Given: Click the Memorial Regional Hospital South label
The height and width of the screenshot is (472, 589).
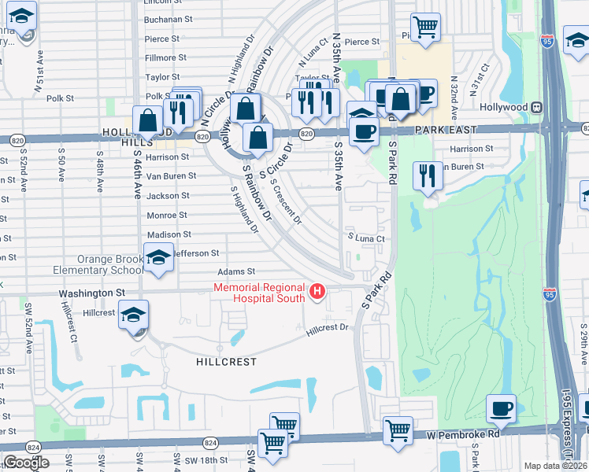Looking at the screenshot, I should (261, 293).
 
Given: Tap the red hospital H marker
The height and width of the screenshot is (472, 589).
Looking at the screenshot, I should (317, 293).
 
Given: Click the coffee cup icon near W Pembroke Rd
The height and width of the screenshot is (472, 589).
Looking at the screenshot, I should (501, 410).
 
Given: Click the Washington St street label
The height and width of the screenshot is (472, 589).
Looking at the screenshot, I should (92, 293).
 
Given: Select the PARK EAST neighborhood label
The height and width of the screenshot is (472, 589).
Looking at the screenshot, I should (449, 128).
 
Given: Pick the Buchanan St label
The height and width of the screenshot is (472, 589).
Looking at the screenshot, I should (169, 19).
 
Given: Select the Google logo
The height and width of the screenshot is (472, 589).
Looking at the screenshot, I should (27, 463).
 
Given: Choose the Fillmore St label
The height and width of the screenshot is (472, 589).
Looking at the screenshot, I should (165, 57).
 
